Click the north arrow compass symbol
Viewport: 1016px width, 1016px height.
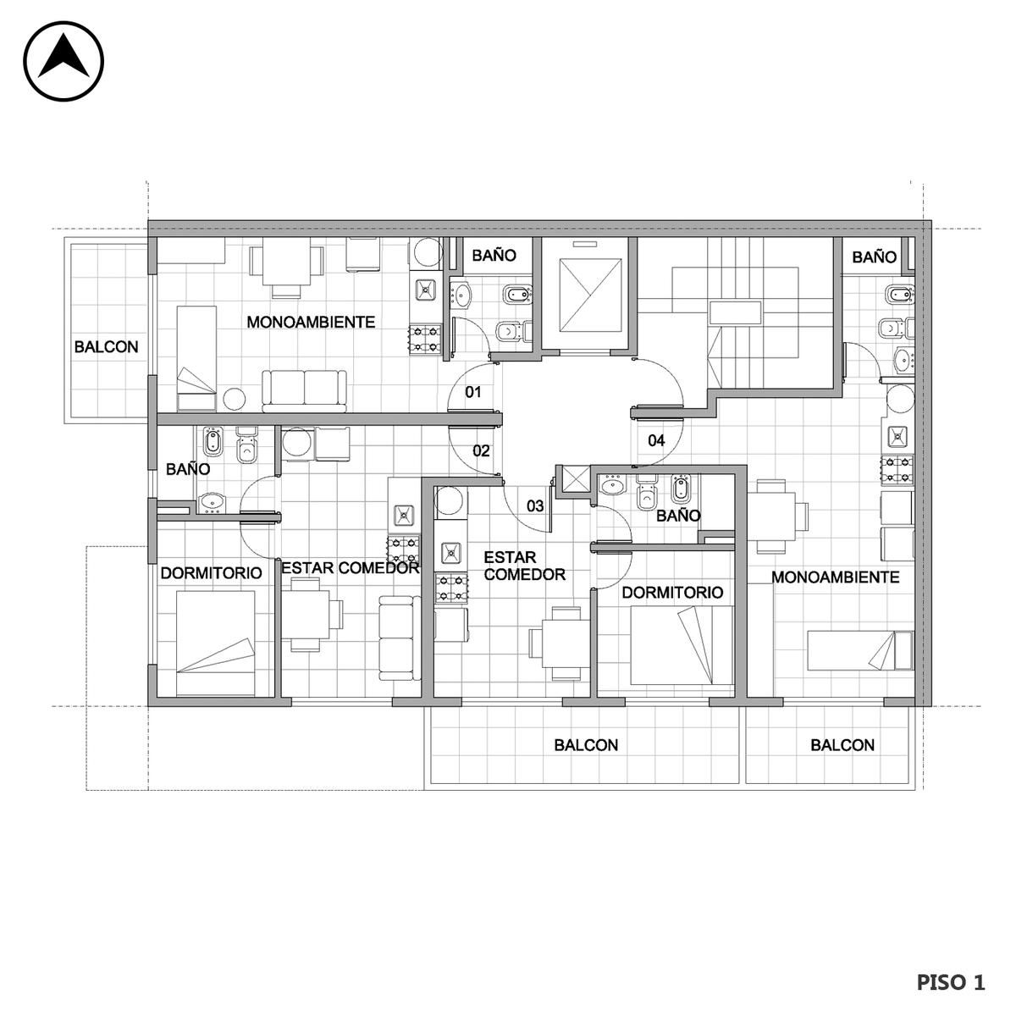click(63, 61)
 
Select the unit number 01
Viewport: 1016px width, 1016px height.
click(473, 392)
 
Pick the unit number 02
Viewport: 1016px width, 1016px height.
click(481, 450)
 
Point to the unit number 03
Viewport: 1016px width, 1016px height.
click(534, 506)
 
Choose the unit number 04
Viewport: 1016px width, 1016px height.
click(656, 440)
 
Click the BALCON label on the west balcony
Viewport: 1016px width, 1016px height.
click(106, 347)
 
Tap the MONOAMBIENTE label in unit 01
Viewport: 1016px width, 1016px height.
click(311, 322)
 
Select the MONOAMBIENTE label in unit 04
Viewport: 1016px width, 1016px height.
click(835, 577)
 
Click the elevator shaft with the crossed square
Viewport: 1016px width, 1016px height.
click(590, 295)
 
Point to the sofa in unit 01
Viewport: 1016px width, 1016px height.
click(304, 390)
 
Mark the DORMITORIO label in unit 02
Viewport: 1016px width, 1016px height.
click(211, 573)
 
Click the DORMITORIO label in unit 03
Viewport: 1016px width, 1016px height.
click(672, 593)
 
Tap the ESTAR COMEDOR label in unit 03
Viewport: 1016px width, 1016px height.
click(524, 566)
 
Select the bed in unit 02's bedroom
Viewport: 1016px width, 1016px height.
click(215, 643)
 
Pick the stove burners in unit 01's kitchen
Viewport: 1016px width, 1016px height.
click(425, 339)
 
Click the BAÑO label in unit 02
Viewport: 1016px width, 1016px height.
click(188, 469)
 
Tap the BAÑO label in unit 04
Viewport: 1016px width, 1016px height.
click(874, 257)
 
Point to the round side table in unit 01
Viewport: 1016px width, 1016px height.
click(234, 399)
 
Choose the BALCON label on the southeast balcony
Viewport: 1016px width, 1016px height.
click(842, 745)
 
